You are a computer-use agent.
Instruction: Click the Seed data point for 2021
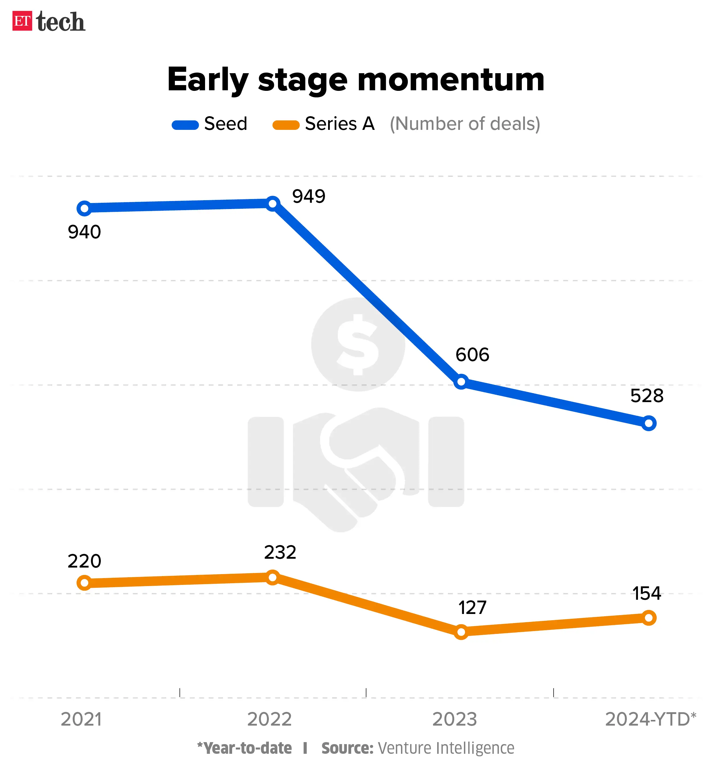tap(84, 208)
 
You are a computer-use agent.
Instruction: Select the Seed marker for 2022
tap(272, 203)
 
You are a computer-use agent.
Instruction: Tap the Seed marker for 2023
tap(461, 382)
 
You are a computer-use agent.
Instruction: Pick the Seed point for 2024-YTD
tap(649, 423)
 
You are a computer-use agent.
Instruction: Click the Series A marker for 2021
tap(84, 583)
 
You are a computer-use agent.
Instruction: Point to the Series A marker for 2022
tap(272, 577)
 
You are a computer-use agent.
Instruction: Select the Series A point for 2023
tap(461, 632)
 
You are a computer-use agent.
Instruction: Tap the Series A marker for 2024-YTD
tap(649, 618)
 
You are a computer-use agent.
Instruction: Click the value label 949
tap(309, 196)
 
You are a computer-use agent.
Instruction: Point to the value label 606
tap(472, 355)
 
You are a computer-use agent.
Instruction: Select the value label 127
tap(472, 608)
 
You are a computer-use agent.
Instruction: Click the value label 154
tap(646, 593)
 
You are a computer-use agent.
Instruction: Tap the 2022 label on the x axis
tap(269, 719)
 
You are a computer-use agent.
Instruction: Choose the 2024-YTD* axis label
tap(650, 719)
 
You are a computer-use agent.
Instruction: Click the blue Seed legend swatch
tap(185, 125)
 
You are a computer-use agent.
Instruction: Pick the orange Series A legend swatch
tap(286, 125)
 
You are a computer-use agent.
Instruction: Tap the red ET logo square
tap(22, 21)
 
